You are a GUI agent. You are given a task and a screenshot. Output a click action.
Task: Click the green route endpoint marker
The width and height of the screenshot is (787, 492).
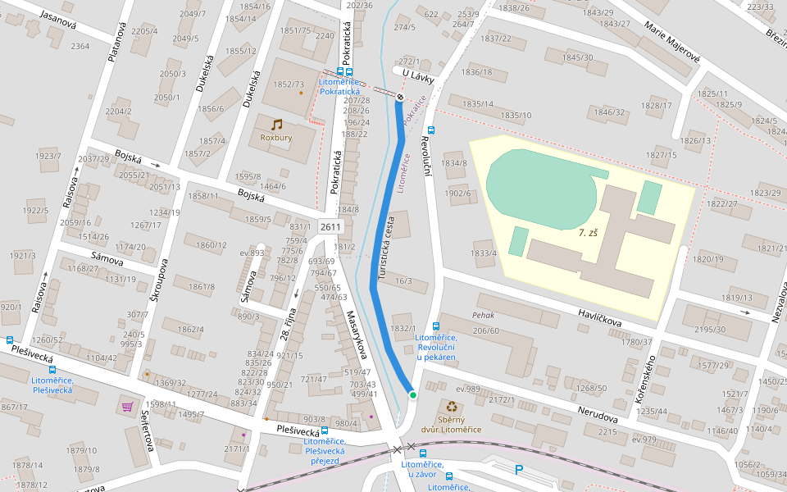[413, 395]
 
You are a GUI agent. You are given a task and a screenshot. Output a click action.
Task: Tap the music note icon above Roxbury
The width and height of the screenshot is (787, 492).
[276, 125]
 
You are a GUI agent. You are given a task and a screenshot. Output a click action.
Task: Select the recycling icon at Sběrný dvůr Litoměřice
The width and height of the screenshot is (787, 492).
[452, 406]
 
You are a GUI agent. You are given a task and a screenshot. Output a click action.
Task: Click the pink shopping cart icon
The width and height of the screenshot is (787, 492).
[127, 406]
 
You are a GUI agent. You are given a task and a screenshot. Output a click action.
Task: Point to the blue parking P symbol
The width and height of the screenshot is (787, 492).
[518, 470]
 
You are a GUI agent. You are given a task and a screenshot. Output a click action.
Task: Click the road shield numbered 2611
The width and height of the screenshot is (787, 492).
[330, 226]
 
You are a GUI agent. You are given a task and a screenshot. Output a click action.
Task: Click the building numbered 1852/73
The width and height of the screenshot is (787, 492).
[289, 84]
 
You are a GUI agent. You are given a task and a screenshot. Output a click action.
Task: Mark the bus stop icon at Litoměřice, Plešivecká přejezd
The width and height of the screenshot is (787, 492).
[325, 430]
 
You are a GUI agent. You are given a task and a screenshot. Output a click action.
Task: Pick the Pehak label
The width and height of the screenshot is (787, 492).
[483, 315]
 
